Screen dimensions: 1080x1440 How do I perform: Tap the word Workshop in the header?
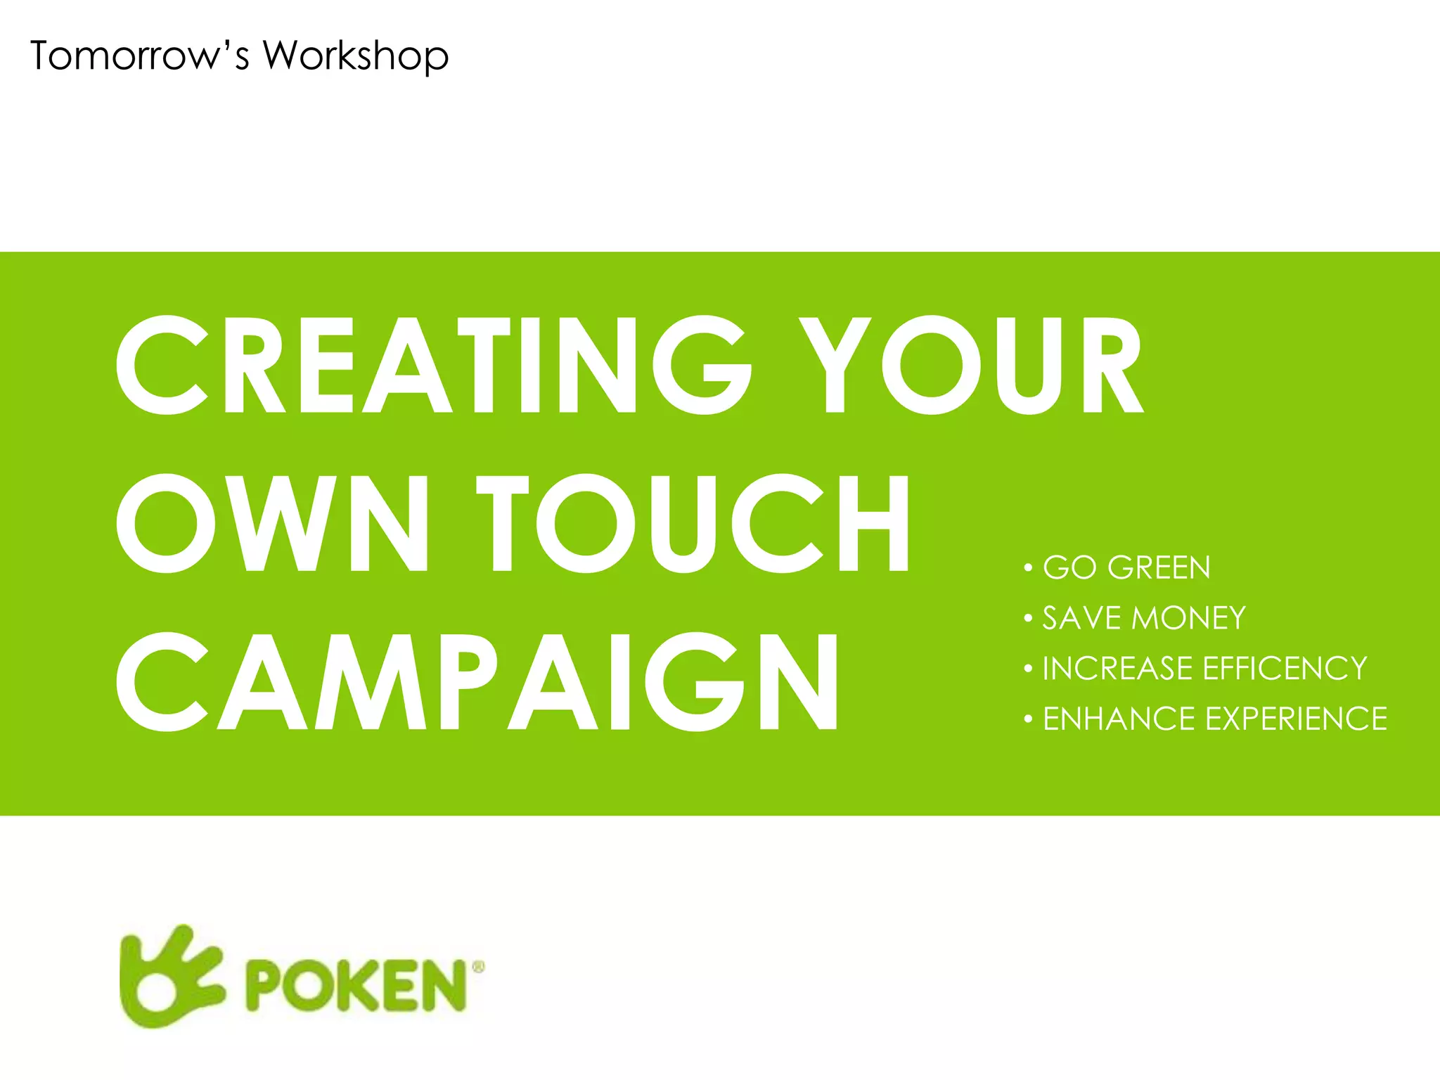[x=356, y=56]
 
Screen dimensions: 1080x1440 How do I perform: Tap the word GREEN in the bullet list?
[x=1159, y=567]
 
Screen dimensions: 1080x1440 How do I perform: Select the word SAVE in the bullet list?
[x=1081, y=618]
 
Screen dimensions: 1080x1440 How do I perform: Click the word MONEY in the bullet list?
[x=1189, y=618]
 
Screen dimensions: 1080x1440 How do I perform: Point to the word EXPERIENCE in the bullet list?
[x=1296, y=719]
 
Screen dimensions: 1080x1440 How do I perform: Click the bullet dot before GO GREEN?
[x=1028, y=567]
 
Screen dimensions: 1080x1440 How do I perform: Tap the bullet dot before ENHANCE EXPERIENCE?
[x=1028, y=719]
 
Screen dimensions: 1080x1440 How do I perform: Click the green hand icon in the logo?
[x=171, y=976]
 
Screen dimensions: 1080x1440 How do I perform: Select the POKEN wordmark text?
[x=356, y=986]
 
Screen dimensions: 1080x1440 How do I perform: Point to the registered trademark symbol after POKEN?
[x=478, y=967]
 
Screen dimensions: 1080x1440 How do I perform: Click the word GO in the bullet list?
[x=1069, y=567]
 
